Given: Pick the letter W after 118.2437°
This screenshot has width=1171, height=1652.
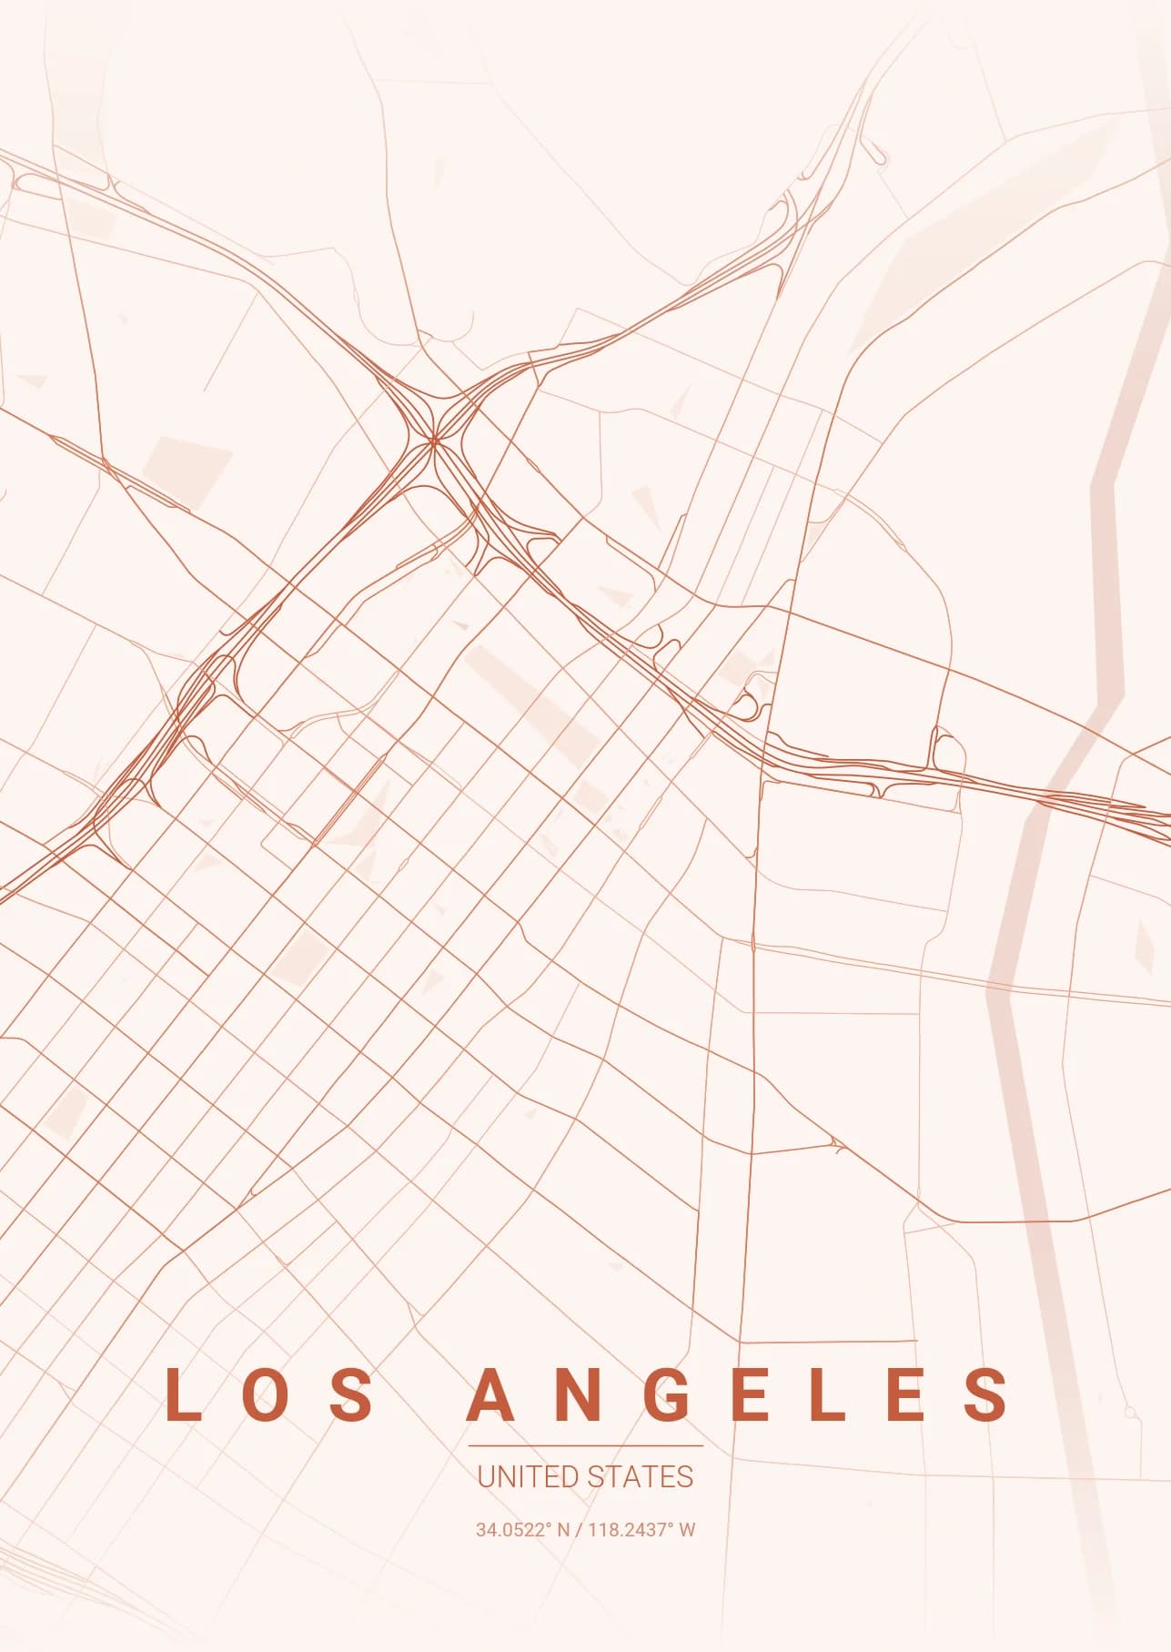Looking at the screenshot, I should pyautogui.click(x=687, y=1529).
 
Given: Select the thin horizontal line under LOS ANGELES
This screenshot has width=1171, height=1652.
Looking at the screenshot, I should pyautogui.click(x=585, y=1444).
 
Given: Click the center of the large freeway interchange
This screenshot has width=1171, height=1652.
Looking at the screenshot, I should pyautogui.click(x=434, y=441).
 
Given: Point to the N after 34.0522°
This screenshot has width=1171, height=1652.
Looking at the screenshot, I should pyautogui.click(x=563, y=1529).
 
